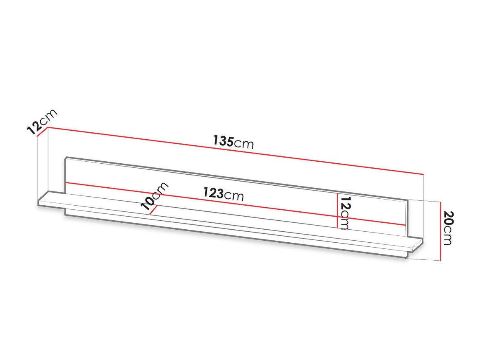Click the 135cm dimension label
click(x=234, y=142)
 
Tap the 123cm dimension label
click(x=224, y=193)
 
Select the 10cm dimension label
click(x=154, y=196)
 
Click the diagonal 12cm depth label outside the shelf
click(x=42, y=121)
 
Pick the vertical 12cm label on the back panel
click(x=345, y=213)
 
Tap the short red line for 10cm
click(x=153, y=210)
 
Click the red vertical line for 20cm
click(x=440, y=231)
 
